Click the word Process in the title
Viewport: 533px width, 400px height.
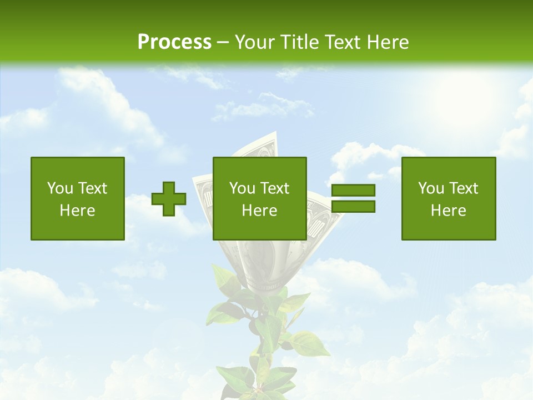[174, 42]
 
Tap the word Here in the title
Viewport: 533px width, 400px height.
[387, 42]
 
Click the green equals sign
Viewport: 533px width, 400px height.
[353, 198]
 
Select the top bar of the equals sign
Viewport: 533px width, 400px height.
[353, 191]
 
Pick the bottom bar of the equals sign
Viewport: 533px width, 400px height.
[353, 206]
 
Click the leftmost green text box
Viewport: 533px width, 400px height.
[77, 198]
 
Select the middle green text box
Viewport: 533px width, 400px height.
[259, 198]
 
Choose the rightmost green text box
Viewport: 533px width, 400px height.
[448, 198]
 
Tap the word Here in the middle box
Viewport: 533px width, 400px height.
[259, 211]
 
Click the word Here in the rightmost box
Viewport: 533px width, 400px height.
[448, 211]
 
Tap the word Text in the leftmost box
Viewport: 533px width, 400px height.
[93, 188]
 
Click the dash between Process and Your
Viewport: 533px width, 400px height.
[223, 43]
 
